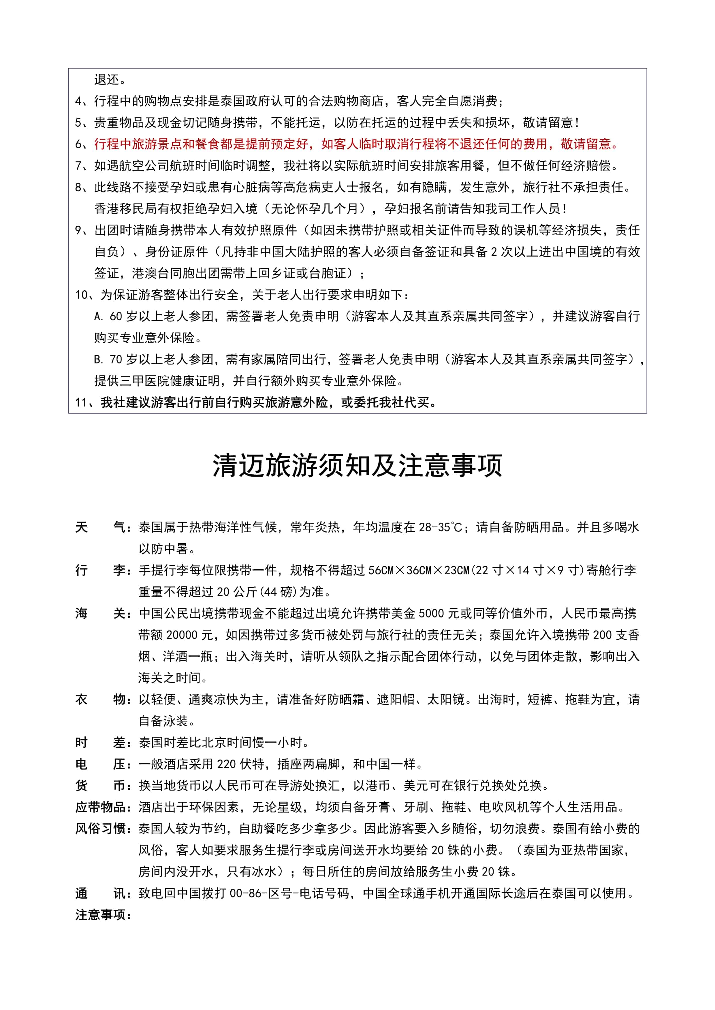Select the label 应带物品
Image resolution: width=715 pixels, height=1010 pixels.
click(x=100, y=807)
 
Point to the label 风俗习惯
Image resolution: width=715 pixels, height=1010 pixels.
click(x=100, y=829)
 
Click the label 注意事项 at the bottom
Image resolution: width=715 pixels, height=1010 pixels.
click(x=100, y=915)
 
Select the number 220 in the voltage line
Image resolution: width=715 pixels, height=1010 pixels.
click(x=226, y=764)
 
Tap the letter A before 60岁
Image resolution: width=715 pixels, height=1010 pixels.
click(x=98, y=316)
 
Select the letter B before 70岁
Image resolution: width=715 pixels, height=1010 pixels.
click(x=98, y=359)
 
